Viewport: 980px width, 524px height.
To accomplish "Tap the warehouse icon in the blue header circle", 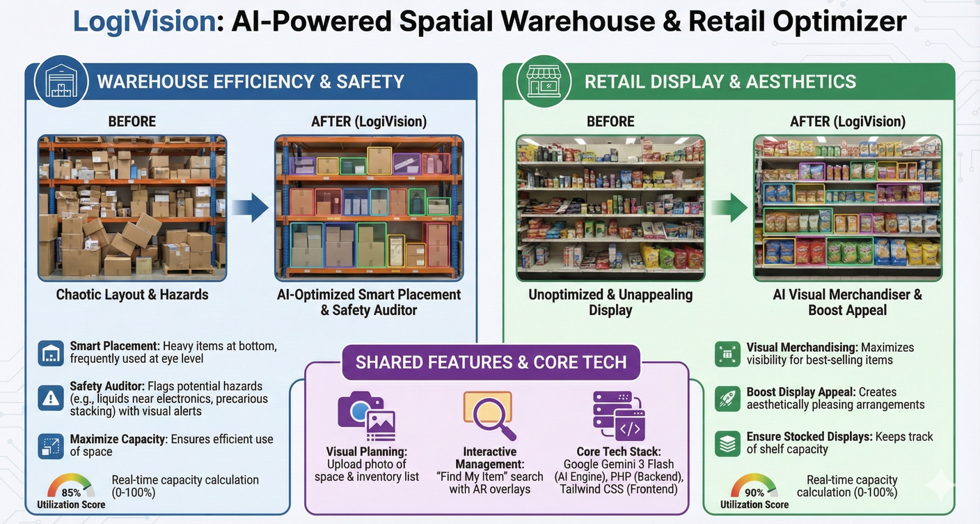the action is click(61, 82).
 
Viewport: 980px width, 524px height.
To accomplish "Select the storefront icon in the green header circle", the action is click(544, 82).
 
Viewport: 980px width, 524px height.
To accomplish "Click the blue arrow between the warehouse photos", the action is click(250, 208).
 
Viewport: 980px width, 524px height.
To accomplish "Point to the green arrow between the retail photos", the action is click(729, 208).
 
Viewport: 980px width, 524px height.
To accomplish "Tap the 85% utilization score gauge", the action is click(70, 487).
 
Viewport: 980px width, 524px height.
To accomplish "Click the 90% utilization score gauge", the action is click(754, 487).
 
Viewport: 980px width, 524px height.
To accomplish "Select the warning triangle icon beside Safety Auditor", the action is click(51, 398).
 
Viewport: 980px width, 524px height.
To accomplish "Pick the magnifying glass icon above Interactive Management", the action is click(489, 415).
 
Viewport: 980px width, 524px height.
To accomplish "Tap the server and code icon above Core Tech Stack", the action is click(618, 415).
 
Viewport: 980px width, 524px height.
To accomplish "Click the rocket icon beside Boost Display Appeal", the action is click(728, 399).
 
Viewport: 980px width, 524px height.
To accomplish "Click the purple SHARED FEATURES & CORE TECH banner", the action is click(491, 362).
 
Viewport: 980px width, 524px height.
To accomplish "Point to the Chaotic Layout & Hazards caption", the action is click(132, 294).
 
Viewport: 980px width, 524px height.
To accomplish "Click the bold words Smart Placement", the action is click(114, 346).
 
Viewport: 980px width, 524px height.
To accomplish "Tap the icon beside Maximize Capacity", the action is click(51, 445).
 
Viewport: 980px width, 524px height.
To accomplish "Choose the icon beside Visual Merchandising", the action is click(728, 354).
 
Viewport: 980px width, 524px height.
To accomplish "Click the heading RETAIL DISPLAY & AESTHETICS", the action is click(720, 82).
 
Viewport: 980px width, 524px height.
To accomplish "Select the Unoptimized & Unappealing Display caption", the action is click(610, 302).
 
